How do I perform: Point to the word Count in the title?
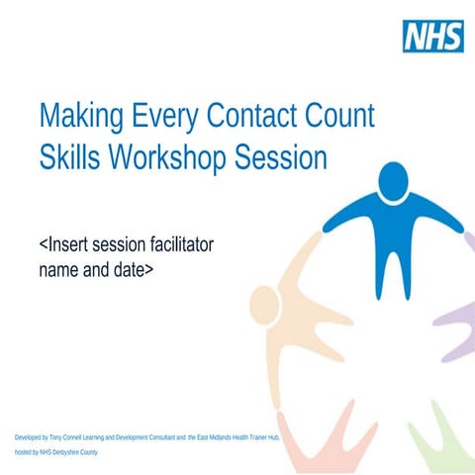click(340, 116)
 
